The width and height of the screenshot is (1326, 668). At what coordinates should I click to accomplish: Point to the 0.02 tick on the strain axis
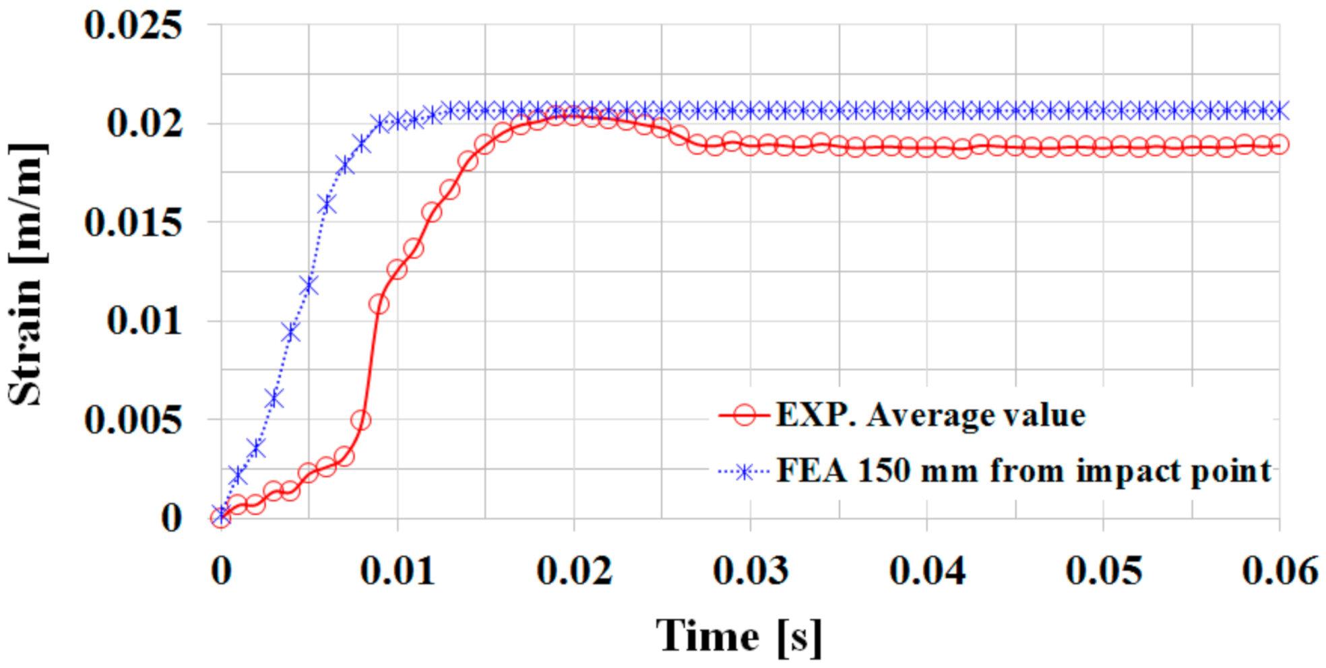[x=144, y=124]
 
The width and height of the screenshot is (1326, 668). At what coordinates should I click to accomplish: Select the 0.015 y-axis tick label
[x=133, y=222]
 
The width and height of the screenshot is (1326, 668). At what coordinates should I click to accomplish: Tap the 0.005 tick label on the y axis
[x=133, y=420]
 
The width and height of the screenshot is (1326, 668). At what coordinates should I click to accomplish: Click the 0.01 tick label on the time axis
[x=398, y=571]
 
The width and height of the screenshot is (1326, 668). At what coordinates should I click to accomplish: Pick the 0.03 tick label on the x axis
[x=750, y=571]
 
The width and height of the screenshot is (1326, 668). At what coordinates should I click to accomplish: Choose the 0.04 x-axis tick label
[x=927, y=571]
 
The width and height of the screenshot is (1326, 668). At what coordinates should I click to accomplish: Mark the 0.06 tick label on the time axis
[x=1280, y=571]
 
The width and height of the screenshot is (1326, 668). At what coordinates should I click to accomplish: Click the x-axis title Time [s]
[x=738, y=635]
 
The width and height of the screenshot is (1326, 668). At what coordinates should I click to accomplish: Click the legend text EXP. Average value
[x=930, y=415]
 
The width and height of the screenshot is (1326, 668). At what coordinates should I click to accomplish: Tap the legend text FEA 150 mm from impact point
[x=1023, y=471]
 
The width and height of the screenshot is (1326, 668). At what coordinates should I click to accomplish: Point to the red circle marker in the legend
[x=745, y=415]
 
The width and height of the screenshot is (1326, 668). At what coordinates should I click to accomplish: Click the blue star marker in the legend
[x=745, y=472]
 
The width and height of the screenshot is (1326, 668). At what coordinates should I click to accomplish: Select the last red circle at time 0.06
[x=1280, y=145]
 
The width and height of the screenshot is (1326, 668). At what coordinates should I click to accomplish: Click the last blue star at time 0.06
[x=1280, y=110]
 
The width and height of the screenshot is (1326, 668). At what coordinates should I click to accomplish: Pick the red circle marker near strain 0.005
[x=361, y=421]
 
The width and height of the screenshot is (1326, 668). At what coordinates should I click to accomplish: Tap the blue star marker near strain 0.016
[x=327, y=205]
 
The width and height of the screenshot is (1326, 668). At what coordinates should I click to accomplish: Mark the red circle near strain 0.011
[x=379, y=304]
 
